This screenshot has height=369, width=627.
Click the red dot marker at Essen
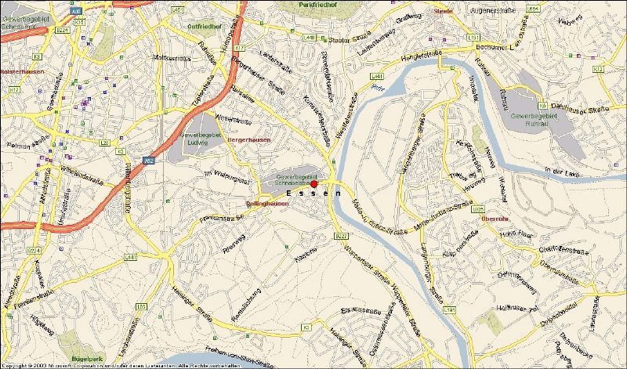pos(314,183)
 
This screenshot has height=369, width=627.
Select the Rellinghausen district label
pos(267,203)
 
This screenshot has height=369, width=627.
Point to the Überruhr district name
pos(495,219)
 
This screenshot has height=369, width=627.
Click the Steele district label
pos(443,12)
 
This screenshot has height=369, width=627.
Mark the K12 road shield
pos(598,69)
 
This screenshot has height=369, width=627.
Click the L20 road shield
pos(104,143)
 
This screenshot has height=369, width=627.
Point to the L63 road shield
pos(140,306)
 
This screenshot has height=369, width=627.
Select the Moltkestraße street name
pos(172,56)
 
